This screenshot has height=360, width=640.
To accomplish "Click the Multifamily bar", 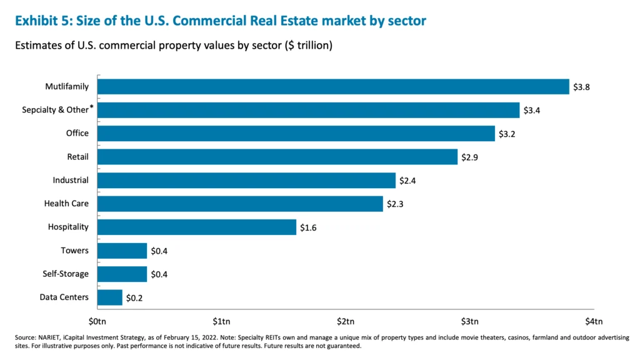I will (x=333, y=86).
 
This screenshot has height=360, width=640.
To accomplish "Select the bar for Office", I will (x=296, y=133).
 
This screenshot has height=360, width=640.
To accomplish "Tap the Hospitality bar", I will (x=197, y=227).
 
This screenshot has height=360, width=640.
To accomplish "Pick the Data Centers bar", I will (x=110, y=297).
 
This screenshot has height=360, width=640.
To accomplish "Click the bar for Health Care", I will (x=240, y=204).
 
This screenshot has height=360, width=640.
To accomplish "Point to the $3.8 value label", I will (x=581, y=87).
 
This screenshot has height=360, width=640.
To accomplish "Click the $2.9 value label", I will (x=469, y=157).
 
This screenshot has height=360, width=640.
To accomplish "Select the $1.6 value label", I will (x=308, y=227).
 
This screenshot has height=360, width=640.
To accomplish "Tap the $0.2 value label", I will (x=134, y=297).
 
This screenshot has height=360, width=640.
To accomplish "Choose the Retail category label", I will (x=77, y=157).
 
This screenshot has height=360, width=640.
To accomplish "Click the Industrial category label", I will (x=71, y=180).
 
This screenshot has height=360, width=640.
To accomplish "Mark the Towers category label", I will (x=74, y=251).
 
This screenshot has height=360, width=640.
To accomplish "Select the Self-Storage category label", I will (x=66, y=274).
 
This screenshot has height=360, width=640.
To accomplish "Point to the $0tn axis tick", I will (x=98, y=321).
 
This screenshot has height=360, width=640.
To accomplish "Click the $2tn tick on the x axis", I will (x=346, y=321).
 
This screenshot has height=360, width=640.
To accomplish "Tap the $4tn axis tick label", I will (x=593, y=321).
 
